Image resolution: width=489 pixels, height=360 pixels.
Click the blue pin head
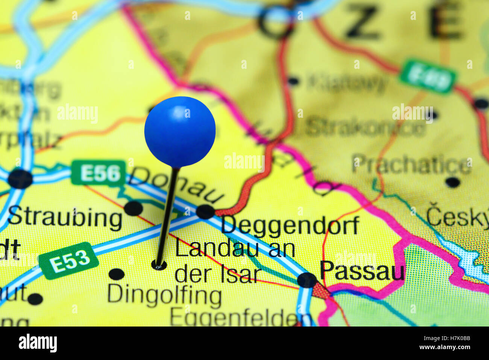point(180,131)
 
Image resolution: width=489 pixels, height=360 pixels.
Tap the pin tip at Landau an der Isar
point(159,265)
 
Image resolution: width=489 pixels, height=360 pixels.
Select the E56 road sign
point(99,173)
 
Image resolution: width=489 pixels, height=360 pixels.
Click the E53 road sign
point(69,260)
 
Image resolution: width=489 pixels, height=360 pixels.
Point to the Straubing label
point(65,218)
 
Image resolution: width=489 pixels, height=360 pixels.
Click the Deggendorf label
point(290,226)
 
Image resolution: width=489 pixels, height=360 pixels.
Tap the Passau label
point(362,271)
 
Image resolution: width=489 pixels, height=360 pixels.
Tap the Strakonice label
point(365,128)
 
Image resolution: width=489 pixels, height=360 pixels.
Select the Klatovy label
point(346,82)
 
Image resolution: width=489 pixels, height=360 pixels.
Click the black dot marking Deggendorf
point(205,211)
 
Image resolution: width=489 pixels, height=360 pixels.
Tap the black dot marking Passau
point(307,280)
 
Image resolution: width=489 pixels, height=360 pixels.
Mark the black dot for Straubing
point(134,208)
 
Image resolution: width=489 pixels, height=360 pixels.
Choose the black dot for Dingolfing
point(117,274)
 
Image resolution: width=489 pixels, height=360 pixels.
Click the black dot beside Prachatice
point(452,182)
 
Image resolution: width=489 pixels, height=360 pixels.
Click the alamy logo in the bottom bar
point(38,343)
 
